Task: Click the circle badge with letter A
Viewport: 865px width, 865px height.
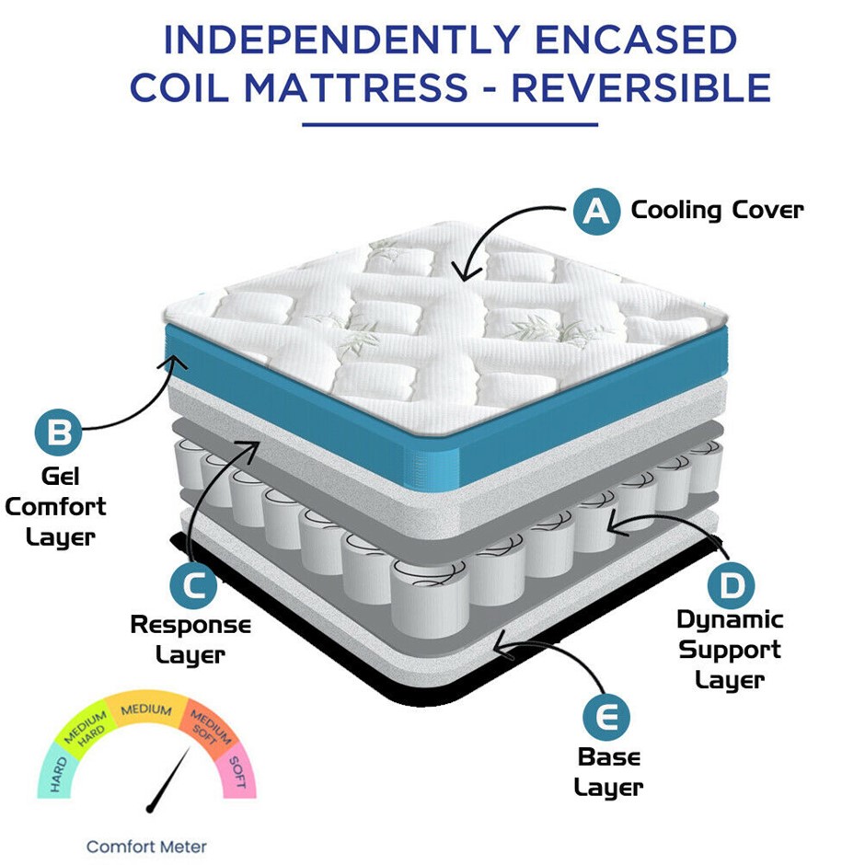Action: coord(596,212)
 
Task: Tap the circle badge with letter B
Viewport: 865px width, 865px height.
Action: coord(59,432)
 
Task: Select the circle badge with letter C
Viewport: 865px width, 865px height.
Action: coord(193,586)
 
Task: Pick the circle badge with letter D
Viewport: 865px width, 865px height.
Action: coord(732,585)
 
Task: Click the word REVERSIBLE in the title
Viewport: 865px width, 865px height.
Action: coord(641,88)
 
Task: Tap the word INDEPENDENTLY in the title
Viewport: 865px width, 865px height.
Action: coord(342,40)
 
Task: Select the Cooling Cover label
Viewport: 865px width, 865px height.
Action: coord(717,211)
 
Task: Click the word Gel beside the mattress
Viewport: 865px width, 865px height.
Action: coord(61,477)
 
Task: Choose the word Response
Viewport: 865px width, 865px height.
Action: coord(190,626)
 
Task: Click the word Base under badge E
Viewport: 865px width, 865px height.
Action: coord(609,757)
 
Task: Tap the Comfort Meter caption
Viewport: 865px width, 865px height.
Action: coord(146,847)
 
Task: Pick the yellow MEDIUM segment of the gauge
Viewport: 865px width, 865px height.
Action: coord(146,708)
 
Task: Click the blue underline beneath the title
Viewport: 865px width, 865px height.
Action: coord(450,124)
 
